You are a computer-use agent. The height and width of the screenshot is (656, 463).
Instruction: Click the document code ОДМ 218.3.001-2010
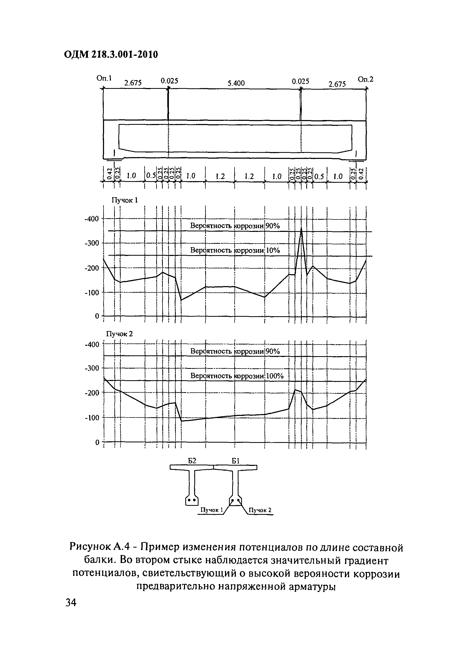pyautogui.click(x=111, y=54)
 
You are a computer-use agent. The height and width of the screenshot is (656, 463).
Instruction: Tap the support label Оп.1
pyautogui.click(x=104, y=78)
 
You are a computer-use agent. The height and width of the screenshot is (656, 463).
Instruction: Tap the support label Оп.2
pyautogui.click(x=366, y=79)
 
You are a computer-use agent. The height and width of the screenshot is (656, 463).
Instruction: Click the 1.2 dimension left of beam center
pyautogui.click(x=220, y=177)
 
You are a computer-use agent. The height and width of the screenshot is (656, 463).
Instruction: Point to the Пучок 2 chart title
pyautogui.click(x=120, y=334)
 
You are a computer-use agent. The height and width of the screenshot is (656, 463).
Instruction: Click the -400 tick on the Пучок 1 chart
pyautogui.click(x=92, y=219)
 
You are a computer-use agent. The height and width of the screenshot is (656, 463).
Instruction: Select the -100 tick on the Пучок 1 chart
pyautogui.click(x=92, y=293)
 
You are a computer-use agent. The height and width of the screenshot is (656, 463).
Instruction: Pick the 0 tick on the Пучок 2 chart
pyautogui.click(x=97, y=442)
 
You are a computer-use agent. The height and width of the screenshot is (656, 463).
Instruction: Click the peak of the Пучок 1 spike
pyautogui.click(x=301, y=228)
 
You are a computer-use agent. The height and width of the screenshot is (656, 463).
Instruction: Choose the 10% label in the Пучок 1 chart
pyautogui.click(x=273, y=251)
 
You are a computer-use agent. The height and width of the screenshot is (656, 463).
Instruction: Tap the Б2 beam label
pyautogui.click(x=192, y=461)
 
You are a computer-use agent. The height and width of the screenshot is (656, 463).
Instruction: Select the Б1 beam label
pyautogui.click(x=235, y=461)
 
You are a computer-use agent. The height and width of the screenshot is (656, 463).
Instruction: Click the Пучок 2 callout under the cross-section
pyautogui.click(x=260, y=510)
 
